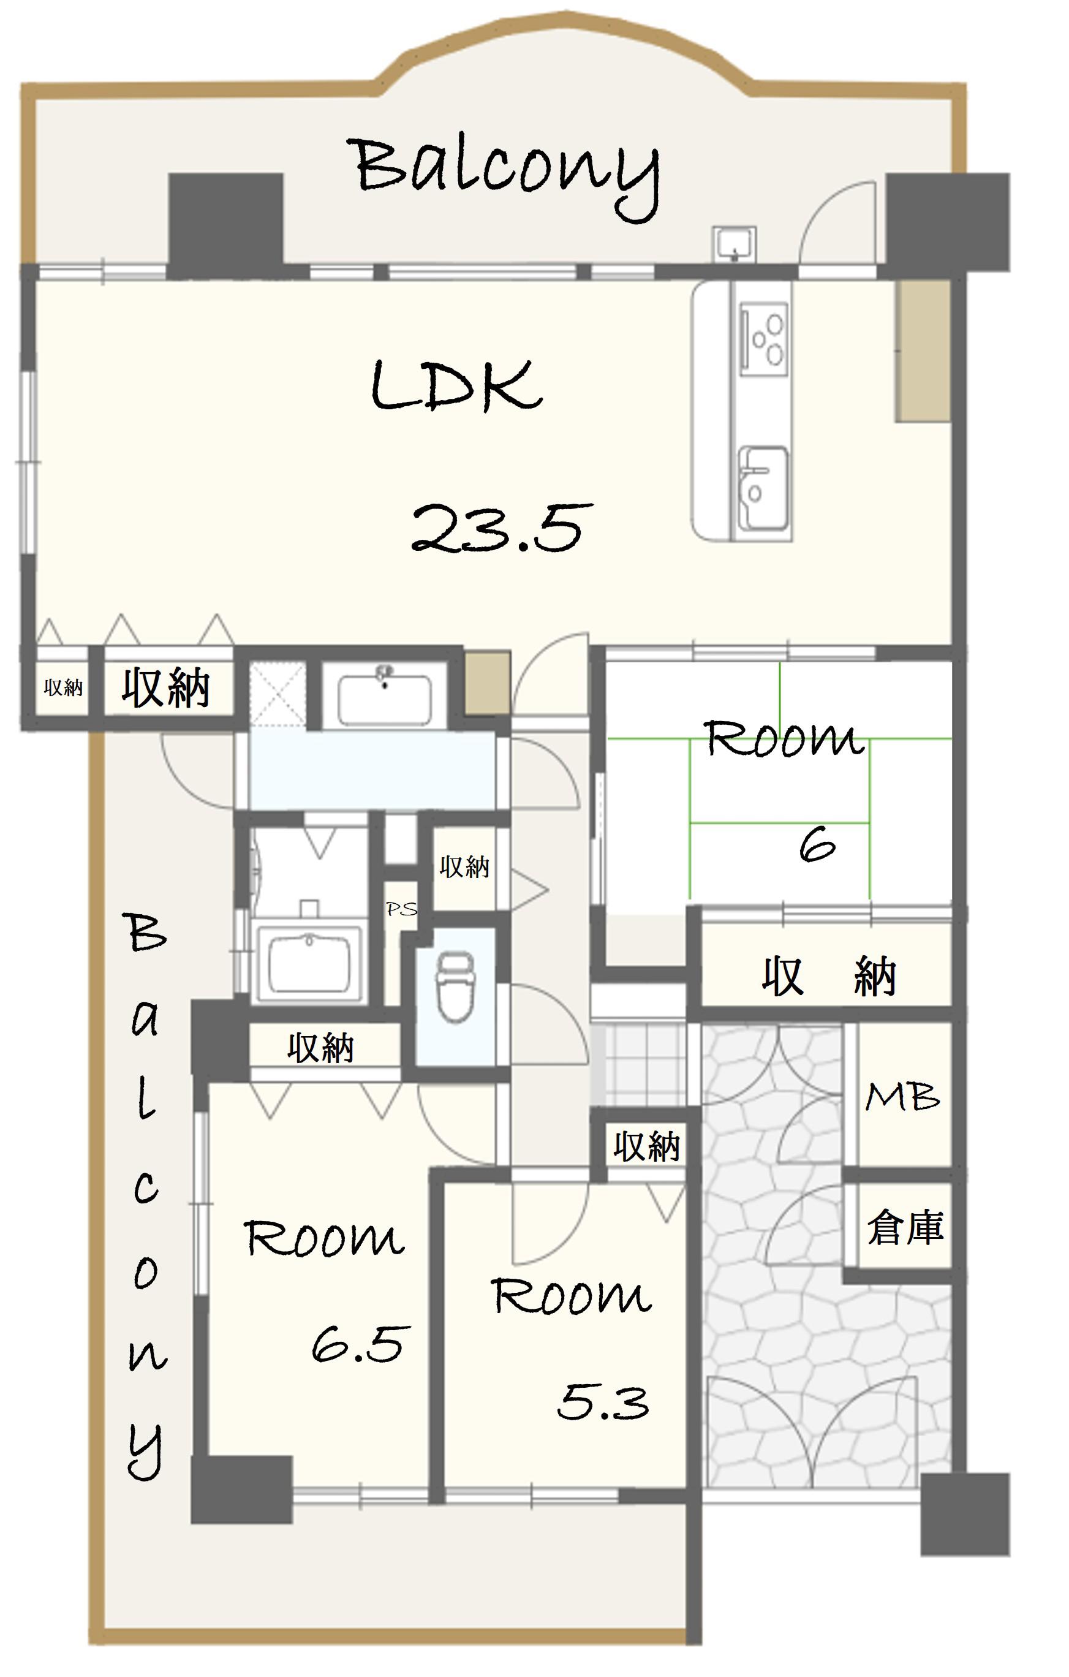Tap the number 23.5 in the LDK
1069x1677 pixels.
tap(502, 529)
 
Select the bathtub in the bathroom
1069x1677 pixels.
tap(309, 963)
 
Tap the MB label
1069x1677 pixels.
tap(902, 1097)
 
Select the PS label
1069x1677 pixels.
tap(402, 909)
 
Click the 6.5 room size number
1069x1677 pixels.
tap(360, 1344)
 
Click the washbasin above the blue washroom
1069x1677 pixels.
tap(383, 697)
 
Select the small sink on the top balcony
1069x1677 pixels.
tap(733, 244)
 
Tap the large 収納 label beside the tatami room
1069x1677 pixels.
tap(829, 977)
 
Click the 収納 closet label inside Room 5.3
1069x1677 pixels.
tap(646, 1146)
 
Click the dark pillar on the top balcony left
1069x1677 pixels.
tap(225, 224)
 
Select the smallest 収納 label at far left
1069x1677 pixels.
tap(63, 687)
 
